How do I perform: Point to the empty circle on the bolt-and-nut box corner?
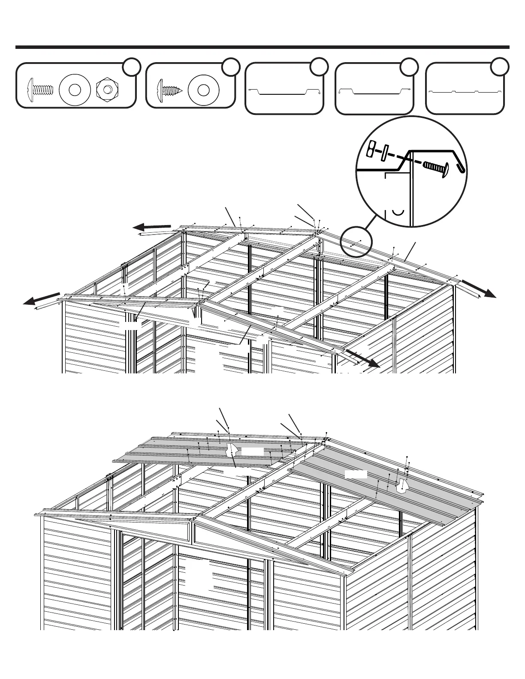click(132, 67)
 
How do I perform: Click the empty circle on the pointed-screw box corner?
click(231, 67)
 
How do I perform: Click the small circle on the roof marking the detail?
click(356, 242)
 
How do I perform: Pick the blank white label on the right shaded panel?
click(356, 474)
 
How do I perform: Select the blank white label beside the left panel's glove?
click(252, 451)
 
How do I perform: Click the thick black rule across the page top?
click(262, 47)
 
